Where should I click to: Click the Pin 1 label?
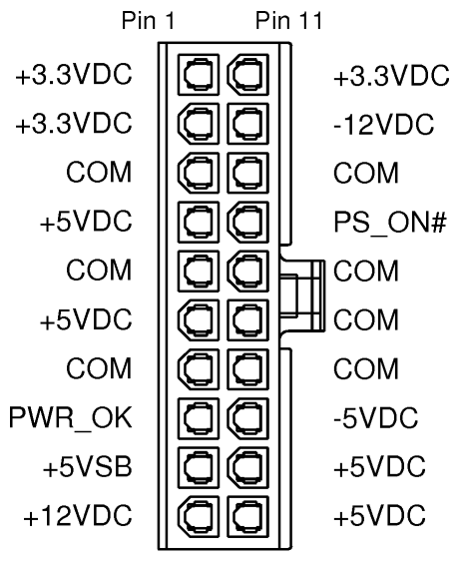click(x=148, y=20)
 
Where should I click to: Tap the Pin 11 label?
click(x=288, y=20)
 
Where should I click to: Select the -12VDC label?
click(x=383, y=125)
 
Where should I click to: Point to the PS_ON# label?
click(x=390, y=223)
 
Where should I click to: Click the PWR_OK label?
click(x=71, y=417)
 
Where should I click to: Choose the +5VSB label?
click(x=87, y=466)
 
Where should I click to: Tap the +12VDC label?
click(x=77, y=515)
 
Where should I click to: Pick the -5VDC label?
click(x=375, y=417)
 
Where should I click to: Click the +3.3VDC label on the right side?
click(x=391, y=76)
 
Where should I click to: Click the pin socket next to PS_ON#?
click(x=247, y=223)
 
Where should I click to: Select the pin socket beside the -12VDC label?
click(x=247, y=124)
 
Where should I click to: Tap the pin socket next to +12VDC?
click(x=199, y=516)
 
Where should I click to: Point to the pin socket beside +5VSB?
click(x=199, y=467)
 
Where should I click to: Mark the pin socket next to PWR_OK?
click(x=199, y=418)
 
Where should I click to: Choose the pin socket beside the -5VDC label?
click(x=247, y=418)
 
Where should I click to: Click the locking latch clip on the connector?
click(x=302, y=295)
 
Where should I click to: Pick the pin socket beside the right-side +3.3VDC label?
click(x=247, y=75)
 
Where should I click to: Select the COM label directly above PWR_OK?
click(x=99, y=368)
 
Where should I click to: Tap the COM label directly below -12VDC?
click(x=366, y=174)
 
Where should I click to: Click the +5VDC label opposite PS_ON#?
click(x=86, y=222)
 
